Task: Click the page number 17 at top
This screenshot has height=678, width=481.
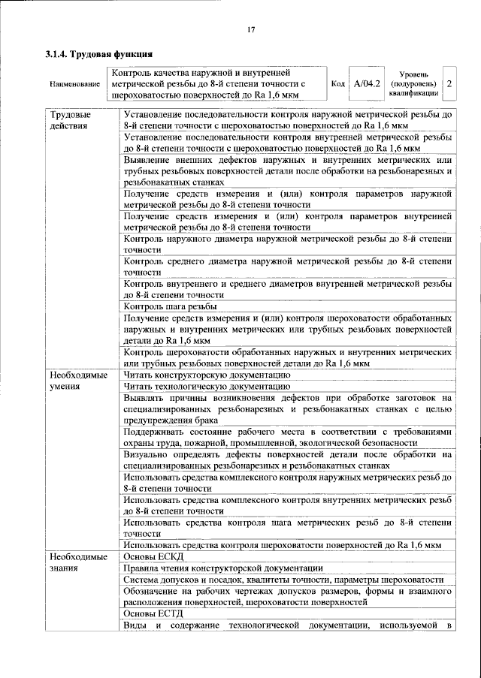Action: coord(252,29)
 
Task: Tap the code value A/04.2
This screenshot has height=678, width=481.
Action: coord(368,84)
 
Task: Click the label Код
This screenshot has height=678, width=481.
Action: coord(339,84)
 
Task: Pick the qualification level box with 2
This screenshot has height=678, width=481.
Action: coord(449,84)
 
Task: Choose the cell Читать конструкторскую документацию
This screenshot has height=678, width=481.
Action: coord(207,373)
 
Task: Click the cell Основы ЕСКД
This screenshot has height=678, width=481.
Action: coord(153,556)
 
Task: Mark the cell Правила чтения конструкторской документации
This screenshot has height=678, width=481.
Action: coord(223,568)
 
